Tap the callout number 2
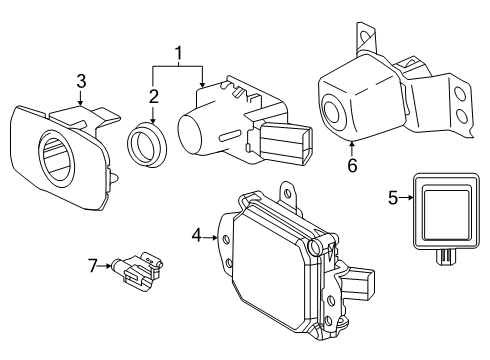pyautogui.click(x=153, y=96)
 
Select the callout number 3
pyautogui.click(x=82, y=80)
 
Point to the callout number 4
pyautogui.click(x=196, y=237)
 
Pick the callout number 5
pyautogui.click(x=392, y=198)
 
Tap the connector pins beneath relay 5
pyautogui.click(x=440, y=257)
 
